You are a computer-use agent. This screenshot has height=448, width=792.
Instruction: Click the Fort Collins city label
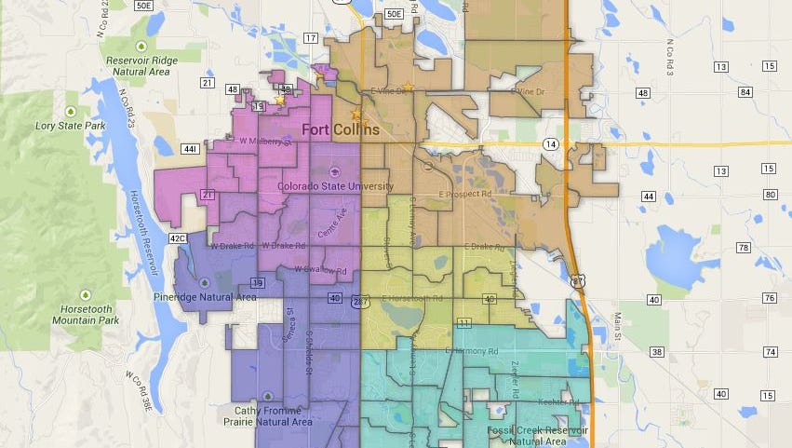coord(341,130)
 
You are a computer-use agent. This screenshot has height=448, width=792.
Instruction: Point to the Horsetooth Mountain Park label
coord(85,315)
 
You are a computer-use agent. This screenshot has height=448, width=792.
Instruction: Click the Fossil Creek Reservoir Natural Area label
coord(537,435)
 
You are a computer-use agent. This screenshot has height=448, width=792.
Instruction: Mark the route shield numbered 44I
coord(190,149)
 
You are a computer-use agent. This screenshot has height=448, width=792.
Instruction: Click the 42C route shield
coord(178,238)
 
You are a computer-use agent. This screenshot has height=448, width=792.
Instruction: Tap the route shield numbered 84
coord(769,91)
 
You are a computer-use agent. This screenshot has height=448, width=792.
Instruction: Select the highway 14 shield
coord(551,143)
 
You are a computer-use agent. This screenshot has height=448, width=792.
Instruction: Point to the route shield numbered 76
coord(769,298)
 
